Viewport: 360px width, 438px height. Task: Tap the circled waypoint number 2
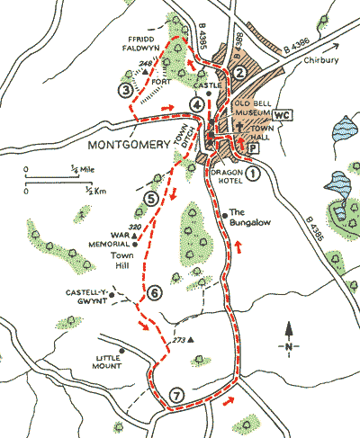pyautogui.click(x=239, y=73)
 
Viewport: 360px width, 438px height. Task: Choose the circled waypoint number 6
pyautogui.click(x=155, y=292)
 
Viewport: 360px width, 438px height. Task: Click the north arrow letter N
pyautogui.click(x=288, y=346)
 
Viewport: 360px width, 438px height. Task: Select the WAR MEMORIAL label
pyautogui.click(x=103, y=239)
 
